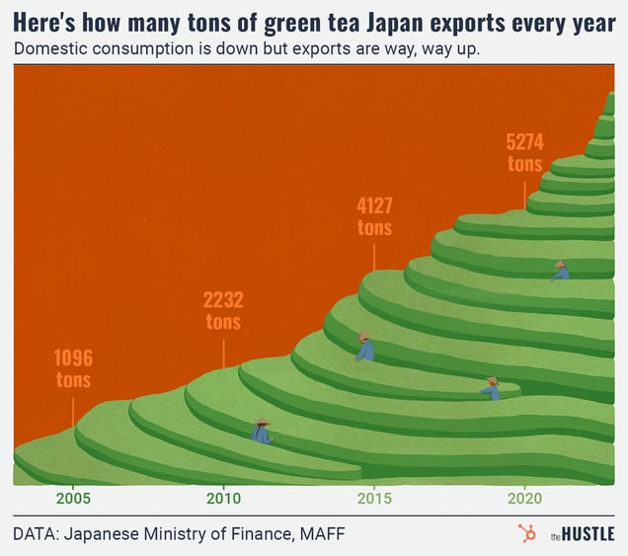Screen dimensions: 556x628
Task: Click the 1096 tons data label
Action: click(x=74, y=368)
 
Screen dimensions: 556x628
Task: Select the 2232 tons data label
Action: click(x=223, y=310)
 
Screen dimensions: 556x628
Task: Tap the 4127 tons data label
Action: click(x=374, y=216)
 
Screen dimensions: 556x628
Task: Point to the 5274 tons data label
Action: click(x=524, y=153)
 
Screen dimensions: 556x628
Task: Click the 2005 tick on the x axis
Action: click(x=73, y=497)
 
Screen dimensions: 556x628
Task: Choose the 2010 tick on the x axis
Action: click(x=223, y=497)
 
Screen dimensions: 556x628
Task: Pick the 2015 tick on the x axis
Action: click(x=374, y=497)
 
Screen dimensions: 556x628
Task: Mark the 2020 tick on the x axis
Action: click(x=524, y=497)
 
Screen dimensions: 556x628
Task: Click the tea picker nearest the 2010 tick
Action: click(x=262, y=432)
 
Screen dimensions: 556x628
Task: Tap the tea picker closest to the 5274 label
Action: click(x=560, y=271)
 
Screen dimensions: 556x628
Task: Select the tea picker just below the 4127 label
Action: click(x=364, y=347)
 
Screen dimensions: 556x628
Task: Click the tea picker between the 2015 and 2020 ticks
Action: click(x=491, y=388)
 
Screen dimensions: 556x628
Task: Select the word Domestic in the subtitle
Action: click(x=49, y=49)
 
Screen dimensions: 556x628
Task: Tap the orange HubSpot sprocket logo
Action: click(x=526, y=534)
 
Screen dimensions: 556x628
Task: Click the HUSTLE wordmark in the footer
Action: click(x=589, y=535)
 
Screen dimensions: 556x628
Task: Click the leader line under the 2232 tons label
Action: click(x=223, y=353)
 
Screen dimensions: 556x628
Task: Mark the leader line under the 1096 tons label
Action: click(x=74, y=410)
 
